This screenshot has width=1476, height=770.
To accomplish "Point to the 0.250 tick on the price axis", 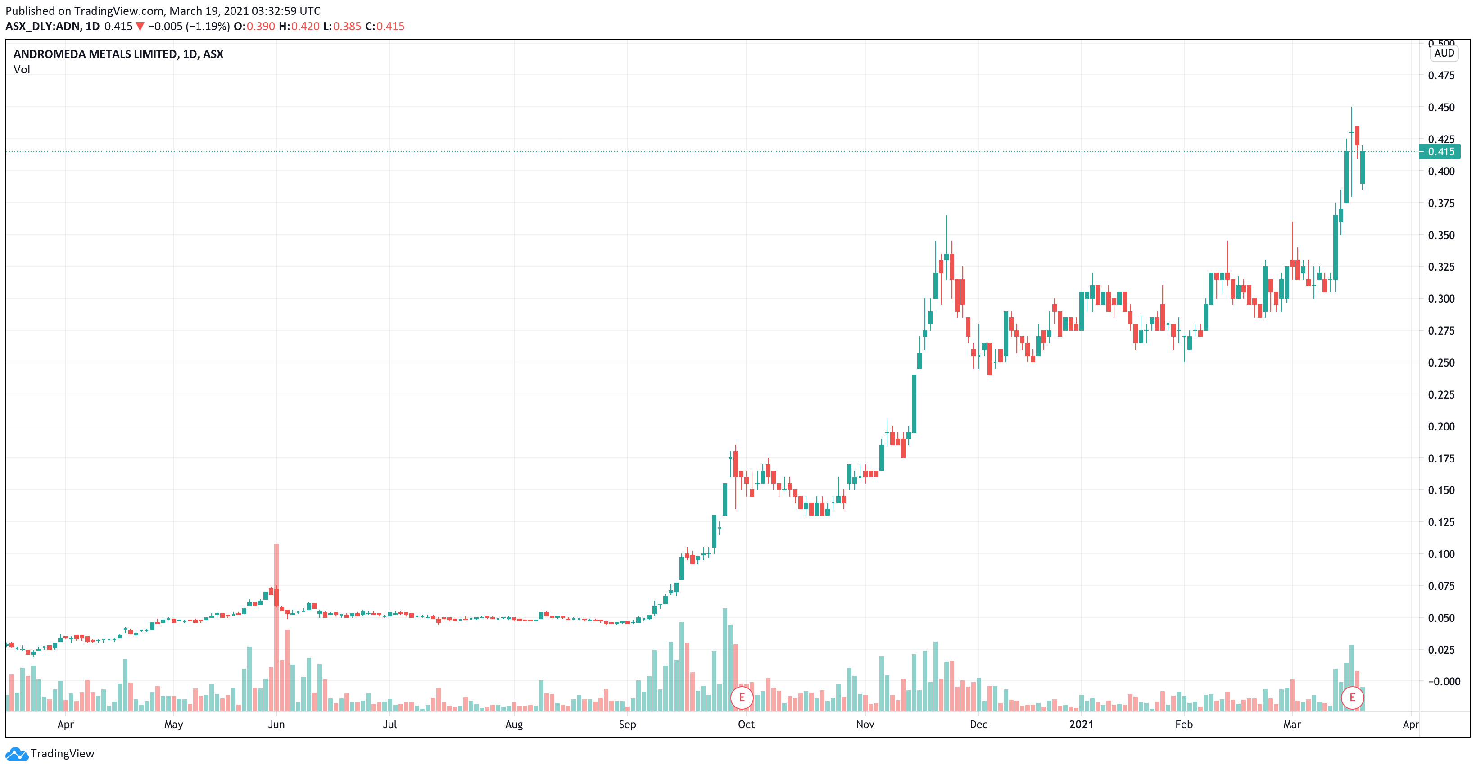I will (1440, 362).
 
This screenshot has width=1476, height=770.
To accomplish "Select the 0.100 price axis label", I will (1440, 554).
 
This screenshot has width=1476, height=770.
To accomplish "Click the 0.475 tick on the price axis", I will (1440, 76).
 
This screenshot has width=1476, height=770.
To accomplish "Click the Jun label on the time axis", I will (276, 725).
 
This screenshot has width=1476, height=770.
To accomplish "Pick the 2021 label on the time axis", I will (1081, 725).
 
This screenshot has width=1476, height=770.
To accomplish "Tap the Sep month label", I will (627, 725).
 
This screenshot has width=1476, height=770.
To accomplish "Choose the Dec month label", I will (978, 725).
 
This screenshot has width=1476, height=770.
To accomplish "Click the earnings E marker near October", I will (742, 698).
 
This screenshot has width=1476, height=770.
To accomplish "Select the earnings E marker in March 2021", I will (1352, 698).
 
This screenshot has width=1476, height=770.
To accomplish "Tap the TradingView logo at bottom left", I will (50, 753).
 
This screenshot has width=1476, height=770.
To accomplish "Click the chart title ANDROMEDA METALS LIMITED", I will (118, 54).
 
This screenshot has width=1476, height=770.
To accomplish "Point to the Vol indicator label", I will (22, 70).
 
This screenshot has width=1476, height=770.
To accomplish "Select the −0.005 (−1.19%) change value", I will (189, 27).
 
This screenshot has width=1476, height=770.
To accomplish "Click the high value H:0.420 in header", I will (299, 27).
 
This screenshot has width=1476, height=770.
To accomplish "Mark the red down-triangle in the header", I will (140, 27).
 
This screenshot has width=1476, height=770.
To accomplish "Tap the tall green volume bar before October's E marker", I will (725, 659).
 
